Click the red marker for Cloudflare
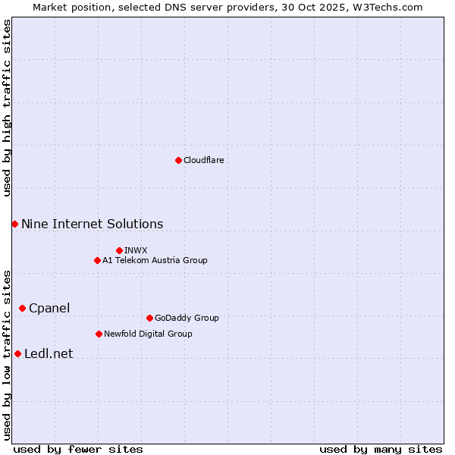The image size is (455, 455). (178, 160)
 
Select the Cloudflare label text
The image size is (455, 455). (203, 160)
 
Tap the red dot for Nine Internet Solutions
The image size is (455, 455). (14, 224)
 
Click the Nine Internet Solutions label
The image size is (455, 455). (92, 224)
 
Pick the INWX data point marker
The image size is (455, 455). (119, 250)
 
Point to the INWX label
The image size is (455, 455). (136, 250)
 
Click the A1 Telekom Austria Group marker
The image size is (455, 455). (97, 260)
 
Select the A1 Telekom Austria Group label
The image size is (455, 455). (155, 260)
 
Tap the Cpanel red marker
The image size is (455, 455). (22, 308)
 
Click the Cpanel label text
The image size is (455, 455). (49, 308)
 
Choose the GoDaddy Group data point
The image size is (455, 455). (149, 318)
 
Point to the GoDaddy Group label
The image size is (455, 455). (186, 318)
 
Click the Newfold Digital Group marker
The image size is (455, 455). (99, 334)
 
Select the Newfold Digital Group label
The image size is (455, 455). (148, 334)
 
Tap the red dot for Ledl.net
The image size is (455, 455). (17, 353)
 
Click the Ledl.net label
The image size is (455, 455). (49, 353)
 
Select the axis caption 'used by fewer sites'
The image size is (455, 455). (78, 449)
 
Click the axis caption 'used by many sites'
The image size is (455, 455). (381, 449)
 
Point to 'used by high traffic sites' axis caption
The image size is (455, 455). (7, 108)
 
